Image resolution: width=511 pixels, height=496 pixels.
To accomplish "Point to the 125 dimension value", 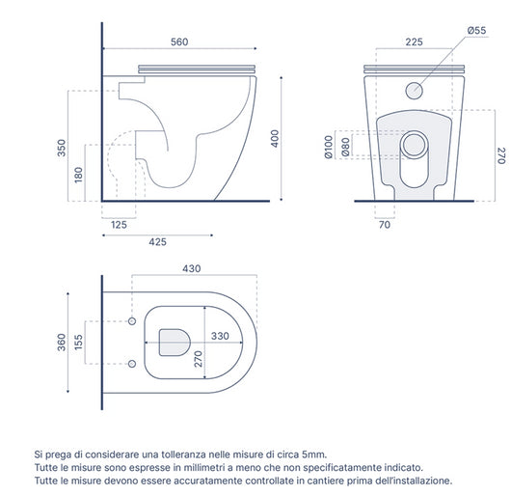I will [120, 225].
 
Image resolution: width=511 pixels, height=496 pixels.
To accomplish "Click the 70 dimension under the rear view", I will [383, 226].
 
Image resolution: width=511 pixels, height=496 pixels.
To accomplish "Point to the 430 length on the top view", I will [194, 269].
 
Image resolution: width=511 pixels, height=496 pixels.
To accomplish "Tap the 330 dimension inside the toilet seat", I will [221, 338].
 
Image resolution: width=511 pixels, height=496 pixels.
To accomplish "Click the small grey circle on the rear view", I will [415, 91].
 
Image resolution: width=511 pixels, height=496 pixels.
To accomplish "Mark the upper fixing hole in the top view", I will [131, 319].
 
